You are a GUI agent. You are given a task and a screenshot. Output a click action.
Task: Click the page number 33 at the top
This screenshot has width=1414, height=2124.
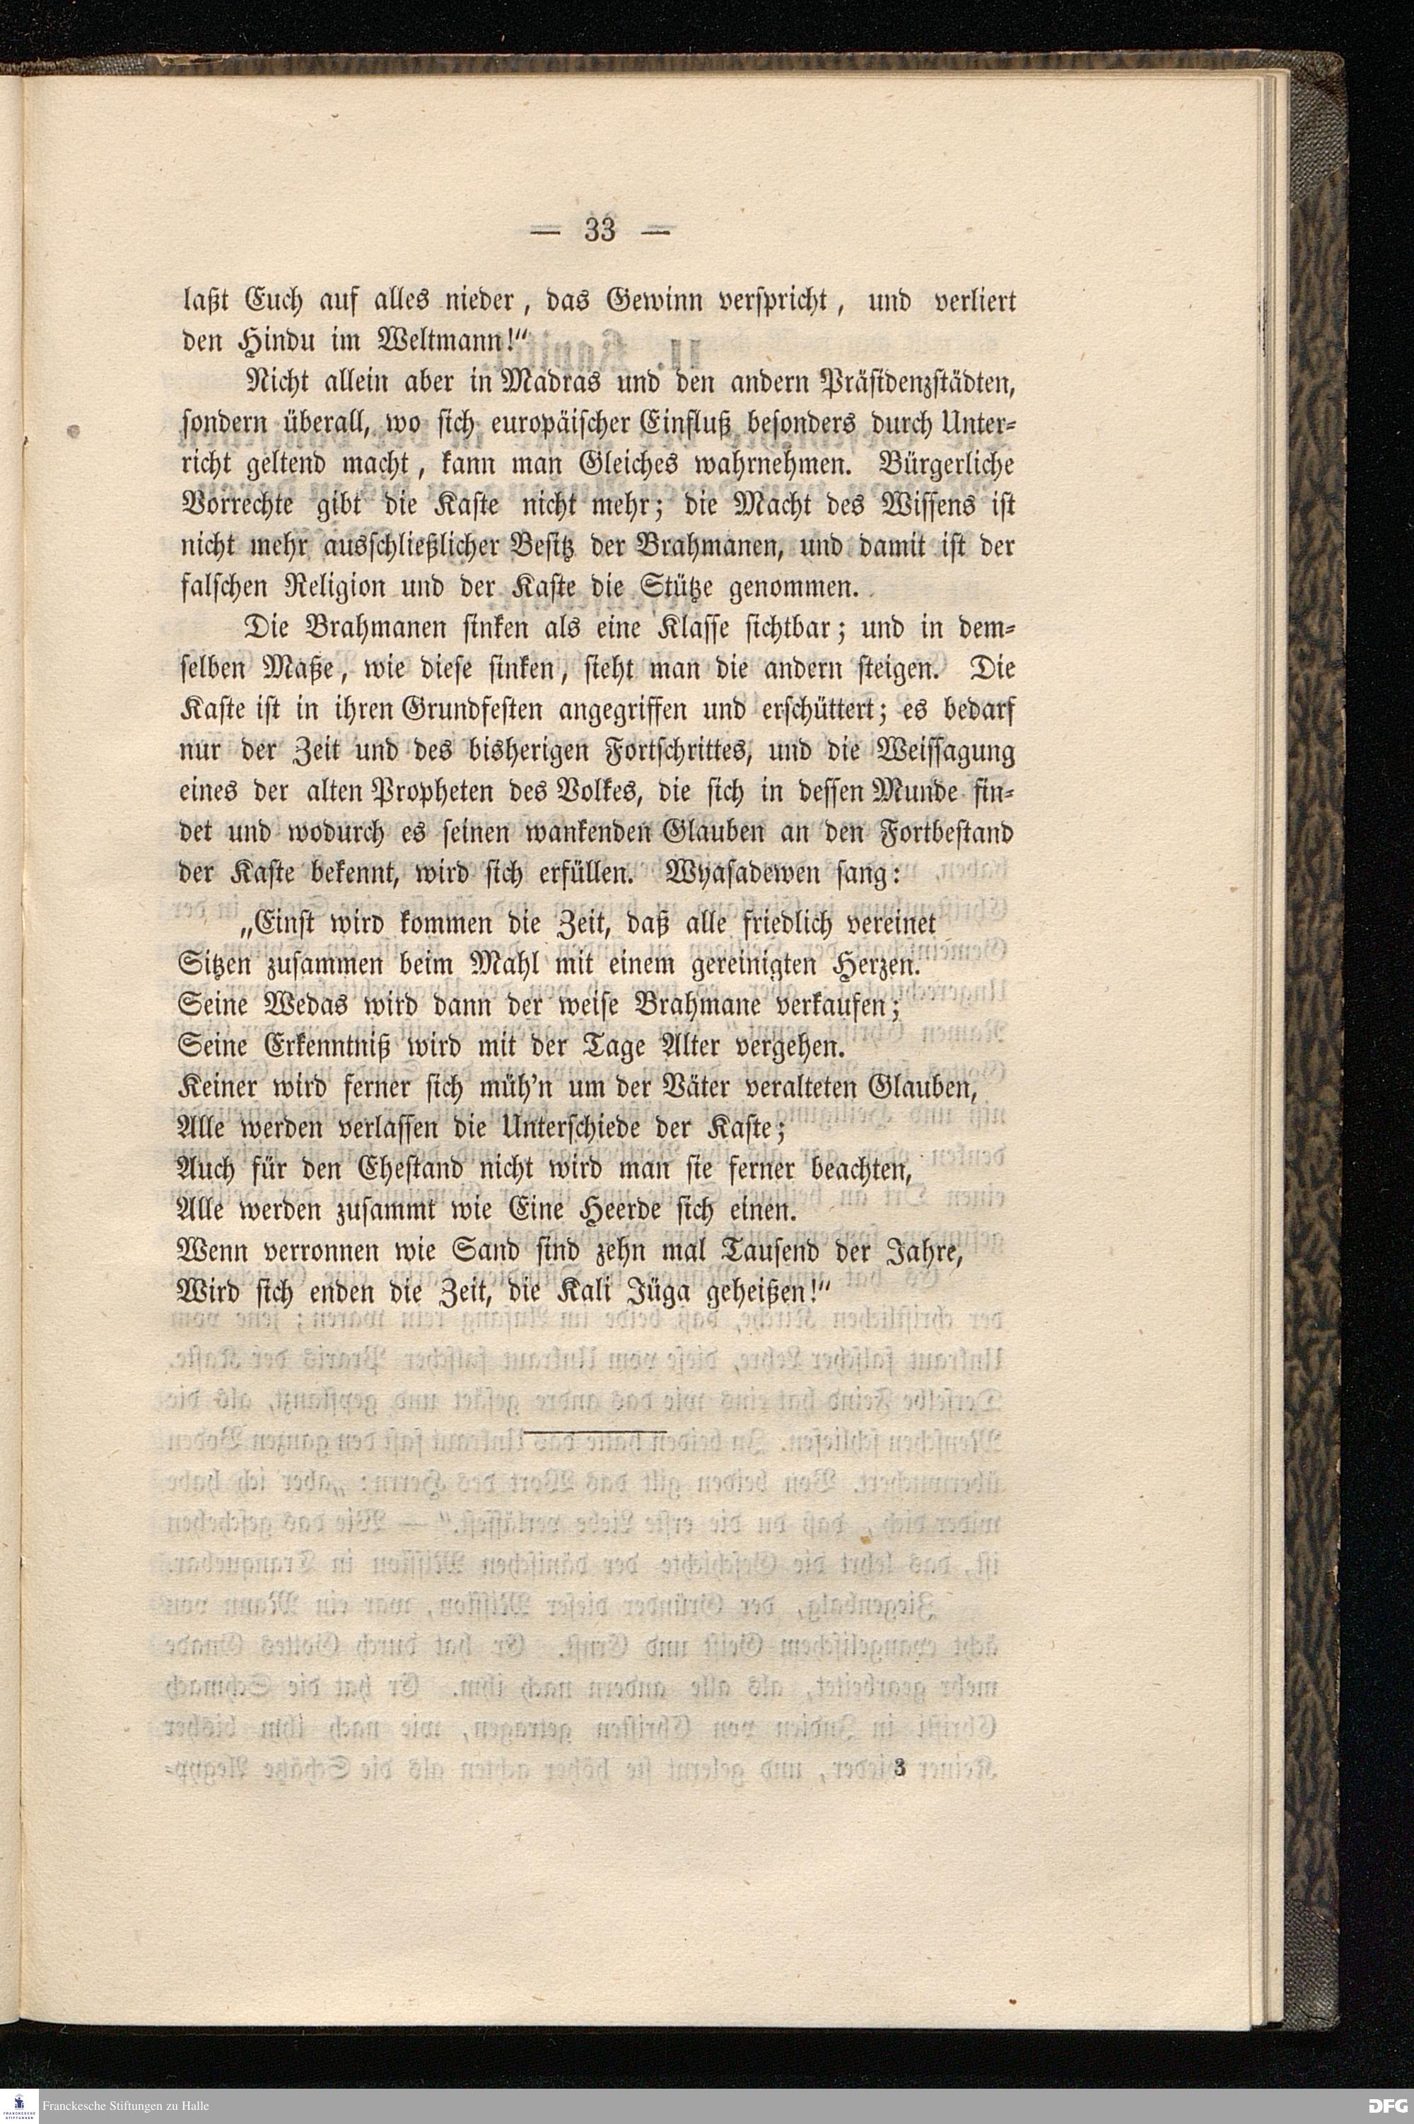(600, 232)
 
